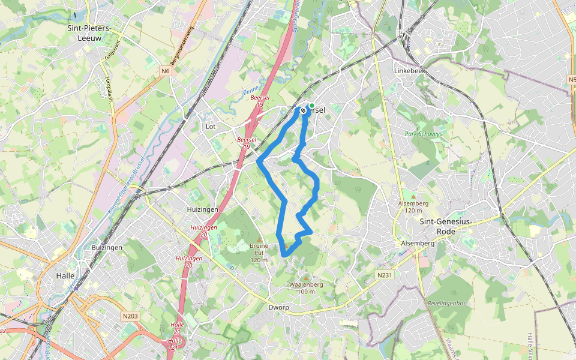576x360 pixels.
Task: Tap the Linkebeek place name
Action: coord(409,70)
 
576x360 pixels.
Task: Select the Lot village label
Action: coord(210,127)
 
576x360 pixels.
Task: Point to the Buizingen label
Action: coord(107,247)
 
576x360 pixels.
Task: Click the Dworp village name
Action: coord(279,307)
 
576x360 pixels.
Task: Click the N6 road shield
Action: coord(166,71)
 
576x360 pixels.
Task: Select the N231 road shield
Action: coord(385,275)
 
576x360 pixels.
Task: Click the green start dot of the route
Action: coord(311,105)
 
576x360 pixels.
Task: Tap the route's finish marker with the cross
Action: coord(303,110)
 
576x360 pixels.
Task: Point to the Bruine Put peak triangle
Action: coord(259,239)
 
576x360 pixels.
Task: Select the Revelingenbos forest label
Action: coord(447,304)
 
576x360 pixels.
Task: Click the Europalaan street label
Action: coord(109,89)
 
